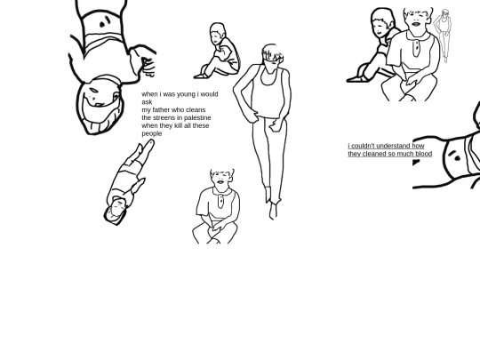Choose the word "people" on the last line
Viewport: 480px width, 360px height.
click(152, 134)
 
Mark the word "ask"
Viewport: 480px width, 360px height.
click(147, 102)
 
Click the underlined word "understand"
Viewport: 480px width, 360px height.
click(394, 146)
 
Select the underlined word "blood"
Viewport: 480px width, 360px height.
click(424, 154)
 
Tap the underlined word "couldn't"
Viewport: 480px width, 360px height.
click(362, 146)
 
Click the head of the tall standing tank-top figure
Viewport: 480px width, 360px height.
click(272, 58)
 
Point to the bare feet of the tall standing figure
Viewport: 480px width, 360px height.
click(274, 211)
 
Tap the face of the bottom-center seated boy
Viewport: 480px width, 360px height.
click(221, 180)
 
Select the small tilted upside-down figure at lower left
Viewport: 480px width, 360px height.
click(127, 183)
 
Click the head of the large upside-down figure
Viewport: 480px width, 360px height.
click(100, 106)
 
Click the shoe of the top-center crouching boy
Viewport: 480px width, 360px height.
click(201, 76)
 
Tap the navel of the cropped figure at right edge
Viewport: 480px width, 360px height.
click(457, 158)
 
